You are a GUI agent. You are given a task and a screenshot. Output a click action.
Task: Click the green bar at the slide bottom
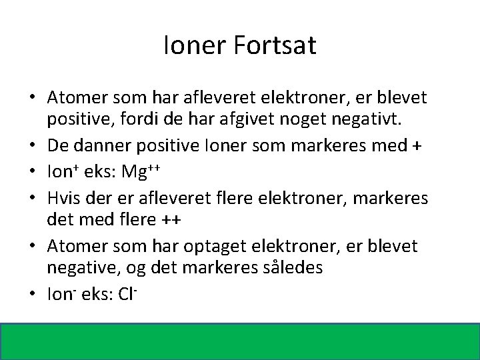pos(240,341)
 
